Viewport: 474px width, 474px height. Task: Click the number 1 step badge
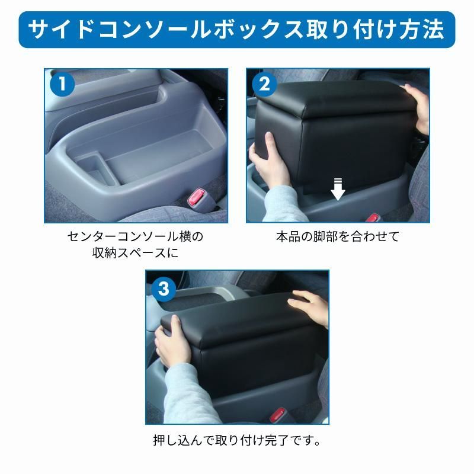(62, 84)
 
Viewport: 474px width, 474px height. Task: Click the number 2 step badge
(264, 84)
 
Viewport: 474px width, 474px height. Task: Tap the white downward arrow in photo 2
(338, 189)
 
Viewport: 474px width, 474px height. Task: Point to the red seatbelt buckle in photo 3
(277, 415)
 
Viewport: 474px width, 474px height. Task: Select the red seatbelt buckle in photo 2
(373, 217)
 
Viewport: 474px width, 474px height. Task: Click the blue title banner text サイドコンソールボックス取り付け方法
(236, 30)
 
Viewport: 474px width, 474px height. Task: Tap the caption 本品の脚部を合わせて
(338, 236)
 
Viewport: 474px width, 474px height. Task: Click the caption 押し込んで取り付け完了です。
(237, 440)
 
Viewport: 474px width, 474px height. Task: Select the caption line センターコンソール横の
(136, 236)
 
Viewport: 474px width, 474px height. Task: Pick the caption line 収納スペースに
(136, 253)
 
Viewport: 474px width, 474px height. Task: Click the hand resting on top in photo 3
(309, 307)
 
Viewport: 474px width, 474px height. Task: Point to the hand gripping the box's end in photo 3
(170, 340)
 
